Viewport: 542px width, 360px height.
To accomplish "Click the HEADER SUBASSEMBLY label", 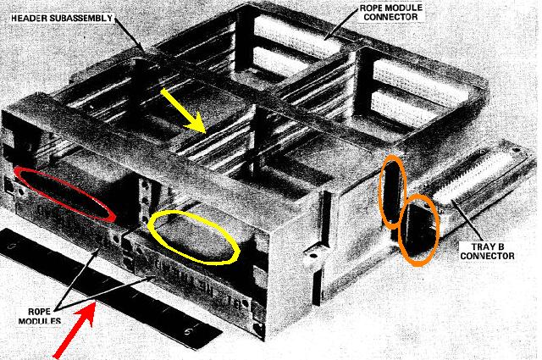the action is click(62, 18).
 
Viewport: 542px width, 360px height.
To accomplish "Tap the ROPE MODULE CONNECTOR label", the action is click(390, 12).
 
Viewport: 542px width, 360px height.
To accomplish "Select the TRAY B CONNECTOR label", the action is click(488, 252).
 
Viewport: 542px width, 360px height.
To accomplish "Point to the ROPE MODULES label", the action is click(40, 316).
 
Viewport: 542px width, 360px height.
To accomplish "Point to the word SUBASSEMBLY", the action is click(81, 18).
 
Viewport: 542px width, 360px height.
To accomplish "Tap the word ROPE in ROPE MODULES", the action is click(39, 312).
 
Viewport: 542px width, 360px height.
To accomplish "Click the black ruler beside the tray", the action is click(111, 288).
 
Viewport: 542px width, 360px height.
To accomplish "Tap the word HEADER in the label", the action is click(29, 18).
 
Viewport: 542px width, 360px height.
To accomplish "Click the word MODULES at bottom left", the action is click(40, 321).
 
